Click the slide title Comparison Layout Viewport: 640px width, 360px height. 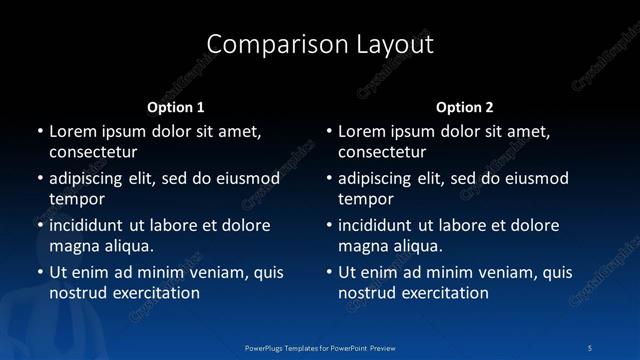pyautogui.click(x=320, y=44)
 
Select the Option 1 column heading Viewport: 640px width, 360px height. pyautogui.click(x=176, y=106)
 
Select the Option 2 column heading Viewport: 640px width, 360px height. pyautogui.click(x=465, y=106)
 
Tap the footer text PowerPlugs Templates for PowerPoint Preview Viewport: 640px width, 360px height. pyautogui.click(x=320, y=346)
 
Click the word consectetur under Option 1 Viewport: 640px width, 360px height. pyautogui.click(x=93, y=152)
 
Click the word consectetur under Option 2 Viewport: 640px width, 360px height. pyautogui.click(x=382, y=152)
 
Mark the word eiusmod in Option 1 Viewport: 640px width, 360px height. pyautogui.click(x=246, y=179)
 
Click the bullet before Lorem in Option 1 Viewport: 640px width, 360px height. pyautogui.click(x=39, y=131)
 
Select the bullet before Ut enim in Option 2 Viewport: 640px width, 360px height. pyautogui.click(x=328, y=272)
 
